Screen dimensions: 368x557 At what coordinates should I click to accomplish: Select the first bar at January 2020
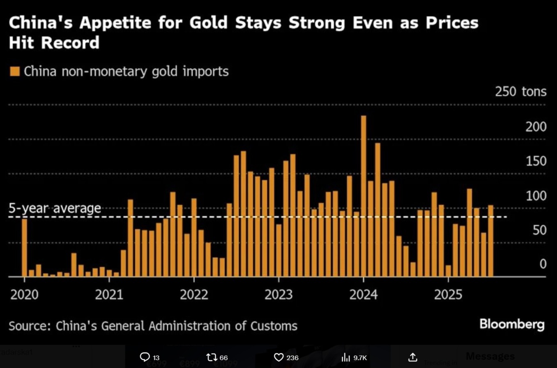[x=25, y=248]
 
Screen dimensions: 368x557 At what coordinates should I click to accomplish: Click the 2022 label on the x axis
[x=194, y=295]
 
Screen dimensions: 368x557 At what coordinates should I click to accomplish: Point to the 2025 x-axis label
[x=448, y=295]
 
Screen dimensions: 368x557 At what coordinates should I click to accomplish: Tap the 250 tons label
[x=520, y=92]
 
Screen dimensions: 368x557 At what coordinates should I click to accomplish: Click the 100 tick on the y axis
[x=536, y=196]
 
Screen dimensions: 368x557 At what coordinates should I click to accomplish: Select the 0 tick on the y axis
[x=543, y=264]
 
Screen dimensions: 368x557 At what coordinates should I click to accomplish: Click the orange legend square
[x=15, y=72]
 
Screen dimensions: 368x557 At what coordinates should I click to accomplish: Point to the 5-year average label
[x=55, y=208]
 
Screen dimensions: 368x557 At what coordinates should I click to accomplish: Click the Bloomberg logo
[x=512, y=324]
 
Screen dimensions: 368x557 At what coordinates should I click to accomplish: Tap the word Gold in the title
[x=208, y=23]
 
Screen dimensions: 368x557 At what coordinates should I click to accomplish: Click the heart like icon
[x=278, y=357]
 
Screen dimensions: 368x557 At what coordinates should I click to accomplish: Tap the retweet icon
[x=212, y=357]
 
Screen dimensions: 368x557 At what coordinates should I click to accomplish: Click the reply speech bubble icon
[x=145, y=357]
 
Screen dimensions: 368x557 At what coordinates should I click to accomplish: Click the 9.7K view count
[x=360, y=358]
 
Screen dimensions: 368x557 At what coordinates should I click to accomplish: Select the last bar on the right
[x=490, y=241]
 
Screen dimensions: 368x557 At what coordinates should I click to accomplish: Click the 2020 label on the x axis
[x=25, y=295]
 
